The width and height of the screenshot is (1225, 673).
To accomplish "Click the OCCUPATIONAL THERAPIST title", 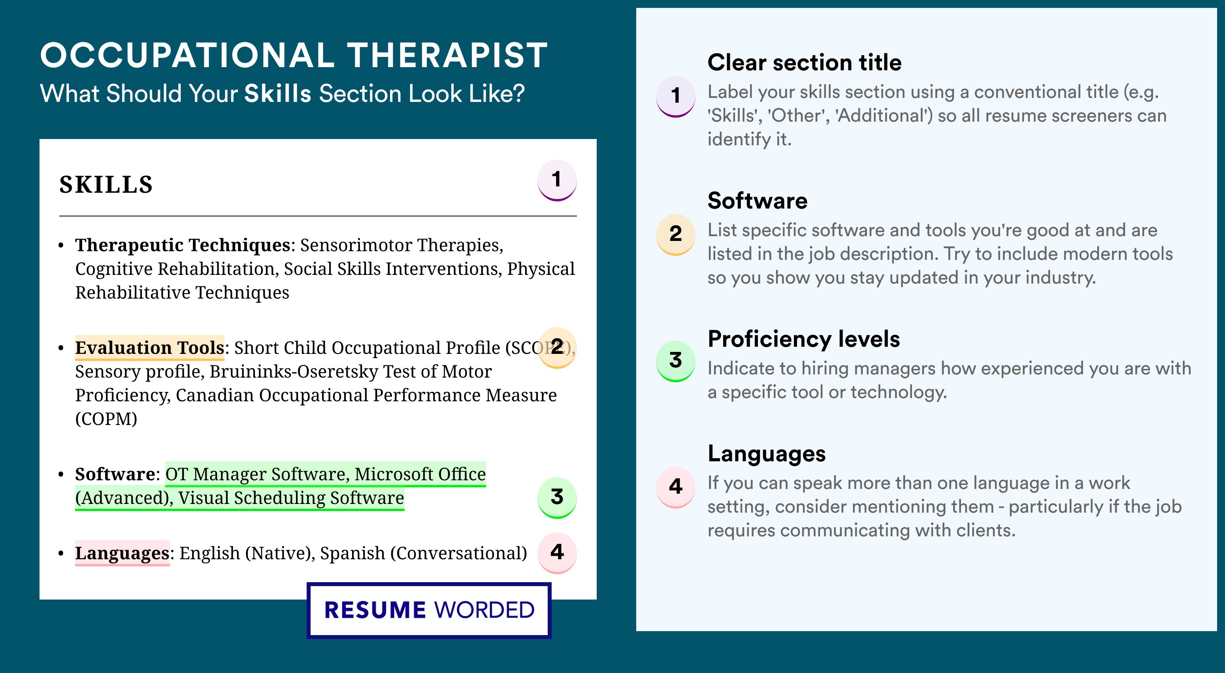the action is click(294, 55).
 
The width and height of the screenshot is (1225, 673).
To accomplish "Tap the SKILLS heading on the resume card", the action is click(106, 184).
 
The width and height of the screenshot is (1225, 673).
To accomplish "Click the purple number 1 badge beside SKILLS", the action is click(557, 180).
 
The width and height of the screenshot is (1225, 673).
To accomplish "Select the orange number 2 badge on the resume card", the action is click(557, 348).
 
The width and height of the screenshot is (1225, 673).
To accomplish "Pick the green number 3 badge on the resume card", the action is click(557, 497).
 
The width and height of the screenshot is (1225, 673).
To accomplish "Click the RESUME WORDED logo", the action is click(429, 610).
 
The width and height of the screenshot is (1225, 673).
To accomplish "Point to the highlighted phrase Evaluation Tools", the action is click(149, 348).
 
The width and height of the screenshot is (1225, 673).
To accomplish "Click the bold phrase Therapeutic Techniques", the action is click(183, 245).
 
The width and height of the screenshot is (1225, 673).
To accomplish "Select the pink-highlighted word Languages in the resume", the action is click(122, 553).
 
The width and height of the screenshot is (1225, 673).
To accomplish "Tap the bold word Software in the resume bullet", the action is click(115, 474).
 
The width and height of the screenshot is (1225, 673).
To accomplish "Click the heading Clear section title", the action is click(804, 62).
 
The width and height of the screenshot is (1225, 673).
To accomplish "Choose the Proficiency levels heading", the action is click(804, 339).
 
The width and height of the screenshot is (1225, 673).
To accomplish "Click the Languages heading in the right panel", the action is click(767, 454).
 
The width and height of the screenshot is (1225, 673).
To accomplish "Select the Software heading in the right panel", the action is click(758, 201).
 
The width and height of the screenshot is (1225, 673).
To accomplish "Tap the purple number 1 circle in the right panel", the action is click(676, 96).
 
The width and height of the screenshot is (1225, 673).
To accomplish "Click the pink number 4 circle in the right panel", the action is click(676, 487).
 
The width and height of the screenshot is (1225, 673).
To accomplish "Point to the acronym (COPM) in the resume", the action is click(106, 419).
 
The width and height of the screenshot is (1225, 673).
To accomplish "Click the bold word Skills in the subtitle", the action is click(278, 94).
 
